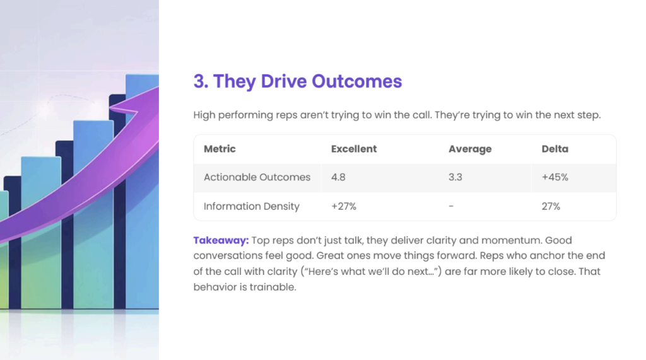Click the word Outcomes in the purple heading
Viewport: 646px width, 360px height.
(357, 81)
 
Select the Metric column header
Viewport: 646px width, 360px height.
(220, 149)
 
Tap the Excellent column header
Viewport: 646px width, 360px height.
(354, 149)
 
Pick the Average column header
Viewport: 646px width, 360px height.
(470, 149)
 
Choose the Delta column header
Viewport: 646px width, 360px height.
(555, 149)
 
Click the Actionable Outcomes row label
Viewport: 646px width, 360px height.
(257, 177)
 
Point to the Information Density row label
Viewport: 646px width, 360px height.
(251, 206)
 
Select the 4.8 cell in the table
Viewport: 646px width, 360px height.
(338, 177)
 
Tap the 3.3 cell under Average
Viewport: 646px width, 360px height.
(455, 177)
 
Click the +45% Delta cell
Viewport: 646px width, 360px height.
(555, 177)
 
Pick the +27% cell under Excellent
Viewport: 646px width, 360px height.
(344, 206)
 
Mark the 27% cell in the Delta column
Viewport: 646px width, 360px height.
(551, 206)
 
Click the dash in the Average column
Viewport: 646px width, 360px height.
(451, 206)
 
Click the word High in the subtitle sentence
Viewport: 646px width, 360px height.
(204, 115)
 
